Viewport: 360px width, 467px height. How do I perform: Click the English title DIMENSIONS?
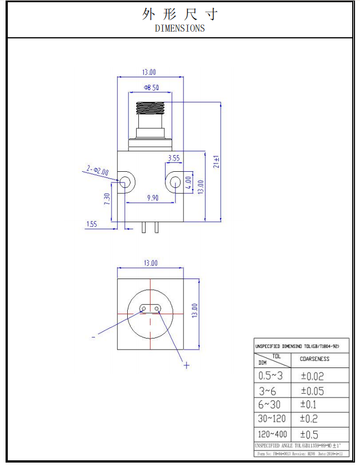(x=179, y=28)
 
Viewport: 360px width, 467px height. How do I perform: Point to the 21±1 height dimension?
(x=217, y=161)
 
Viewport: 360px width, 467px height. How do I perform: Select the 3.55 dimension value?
(x=173, y=158)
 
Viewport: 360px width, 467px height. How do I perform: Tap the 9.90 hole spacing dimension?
(x=152, y=197)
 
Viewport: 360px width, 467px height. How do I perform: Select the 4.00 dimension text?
(x=188, y=183)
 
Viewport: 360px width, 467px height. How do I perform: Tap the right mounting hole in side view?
(x=174, y=181)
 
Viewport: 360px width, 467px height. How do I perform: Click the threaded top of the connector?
(x=151, y=106)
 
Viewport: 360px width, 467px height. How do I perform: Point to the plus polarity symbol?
(x=187, y=365)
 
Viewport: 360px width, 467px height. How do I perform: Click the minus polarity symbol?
(x=93, y=336)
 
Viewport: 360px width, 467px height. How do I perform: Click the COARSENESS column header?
(x=314, y=359)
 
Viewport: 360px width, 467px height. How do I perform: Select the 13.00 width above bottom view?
(x=151, y=263)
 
